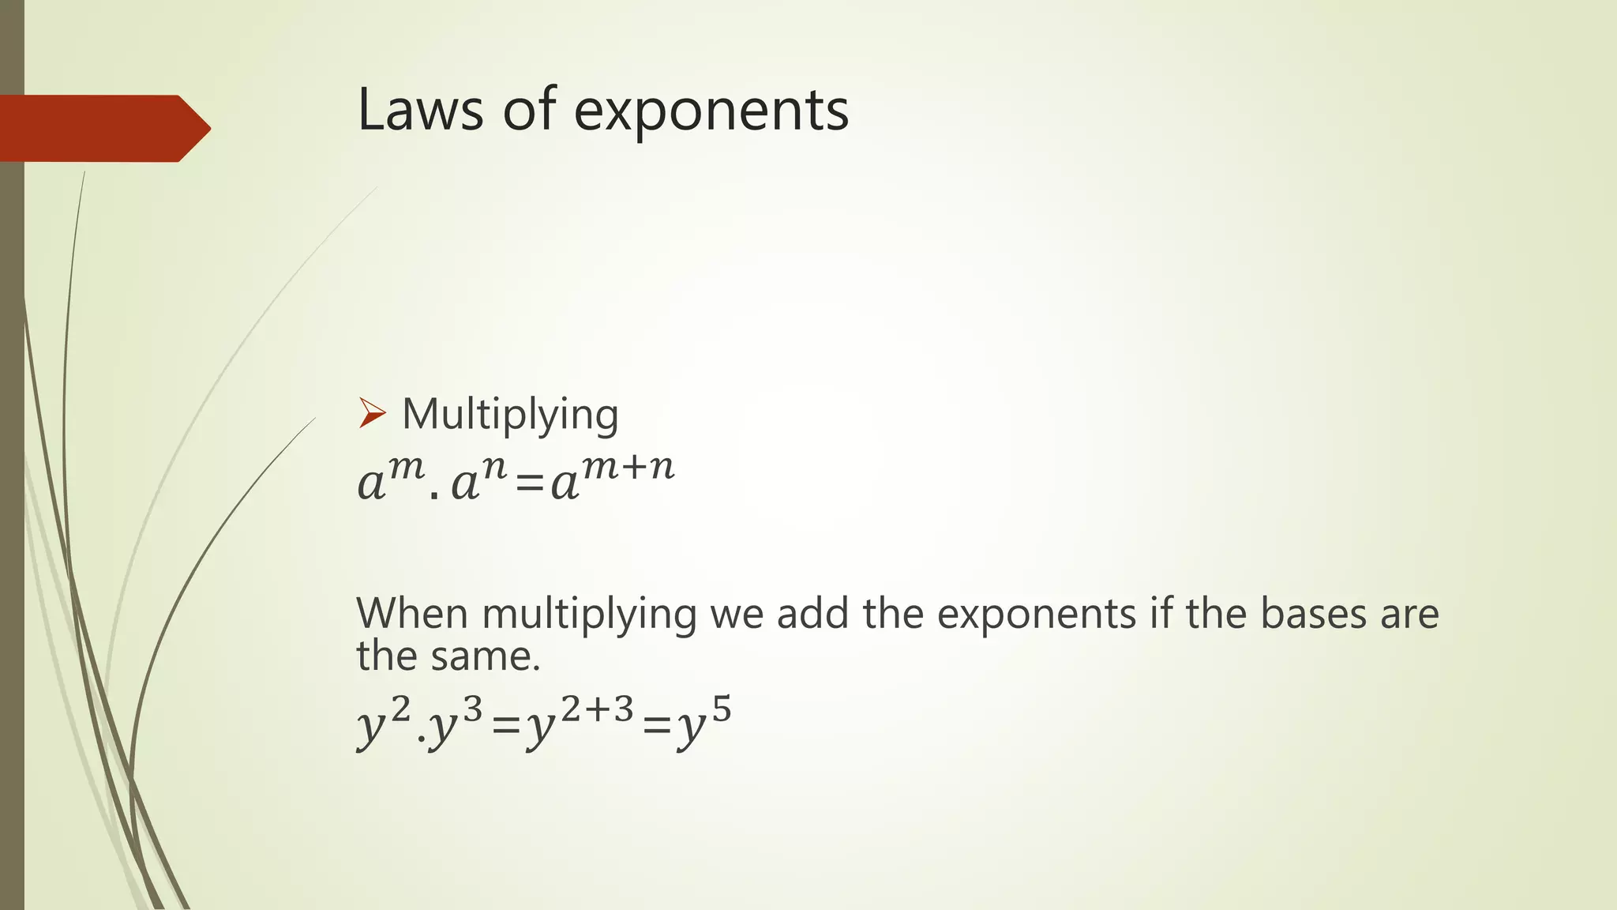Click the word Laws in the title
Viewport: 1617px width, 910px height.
pos(419,110)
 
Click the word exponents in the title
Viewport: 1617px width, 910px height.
pos(711,112)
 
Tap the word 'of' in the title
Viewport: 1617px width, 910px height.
pos(530,110)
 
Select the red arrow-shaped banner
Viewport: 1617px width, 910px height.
pos(103,128)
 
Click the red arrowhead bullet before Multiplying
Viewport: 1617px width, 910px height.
pos(372,413)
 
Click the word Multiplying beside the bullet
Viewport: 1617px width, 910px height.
pos(510,415)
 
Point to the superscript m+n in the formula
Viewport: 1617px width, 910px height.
pos(628,468)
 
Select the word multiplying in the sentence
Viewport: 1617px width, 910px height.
pos(589,615)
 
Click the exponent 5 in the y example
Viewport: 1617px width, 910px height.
pos(721,711)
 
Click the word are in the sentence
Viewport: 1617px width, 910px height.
pos(1409,615)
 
